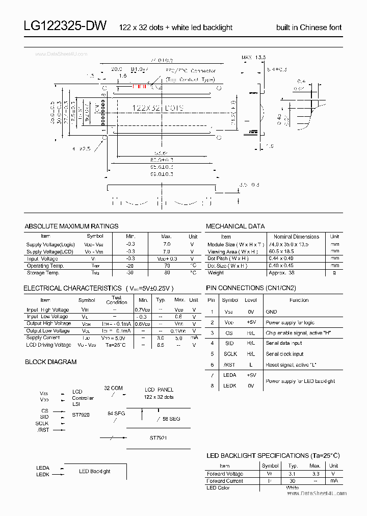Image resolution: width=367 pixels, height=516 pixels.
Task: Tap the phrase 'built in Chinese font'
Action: coord(309,28)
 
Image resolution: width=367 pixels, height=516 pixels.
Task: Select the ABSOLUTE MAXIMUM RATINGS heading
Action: coord(71,226)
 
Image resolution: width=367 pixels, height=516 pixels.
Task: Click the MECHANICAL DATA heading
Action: coord(235,226)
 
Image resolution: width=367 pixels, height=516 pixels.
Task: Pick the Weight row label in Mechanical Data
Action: coord(216,273)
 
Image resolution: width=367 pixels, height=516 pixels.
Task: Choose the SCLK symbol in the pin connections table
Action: coord(230,354)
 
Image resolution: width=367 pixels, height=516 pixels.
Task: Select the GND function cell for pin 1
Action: coord(271,312)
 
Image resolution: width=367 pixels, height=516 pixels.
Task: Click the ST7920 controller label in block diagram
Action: coord(81,415)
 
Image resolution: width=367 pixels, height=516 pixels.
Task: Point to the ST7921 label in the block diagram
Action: coord(158,437)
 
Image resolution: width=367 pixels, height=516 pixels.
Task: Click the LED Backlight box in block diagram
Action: coord(94,471)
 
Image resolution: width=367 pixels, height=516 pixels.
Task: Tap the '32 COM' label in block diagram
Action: coord(113,388)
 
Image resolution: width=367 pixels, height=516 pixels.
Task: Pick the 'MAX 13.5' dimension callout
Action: coord(253,57)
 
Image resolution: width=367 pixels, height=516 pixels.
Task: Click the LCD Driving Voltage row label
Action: coord(49,345)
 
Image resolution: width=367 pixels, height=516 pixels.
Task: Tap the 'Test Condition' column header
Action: coord(116,300)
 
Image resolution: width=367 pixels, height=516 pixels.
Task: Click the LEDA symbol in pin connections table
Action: coord(230,375)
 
